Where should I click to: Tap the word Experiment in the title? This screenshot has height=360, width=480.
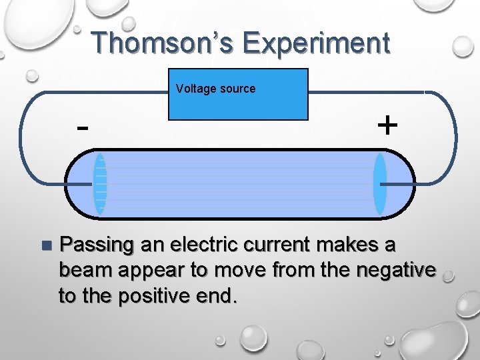316,43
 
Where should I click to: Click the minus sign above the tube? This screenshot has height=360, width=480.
82,127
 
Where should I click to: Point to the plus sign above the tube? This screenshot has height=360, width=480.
387,125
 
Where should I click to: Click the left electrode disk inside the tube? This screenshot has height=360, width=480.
100,184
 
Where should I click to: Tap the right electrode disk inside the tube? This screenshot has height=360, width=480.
379,184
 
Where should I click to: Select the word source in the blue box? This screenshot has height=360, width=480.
237,89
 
